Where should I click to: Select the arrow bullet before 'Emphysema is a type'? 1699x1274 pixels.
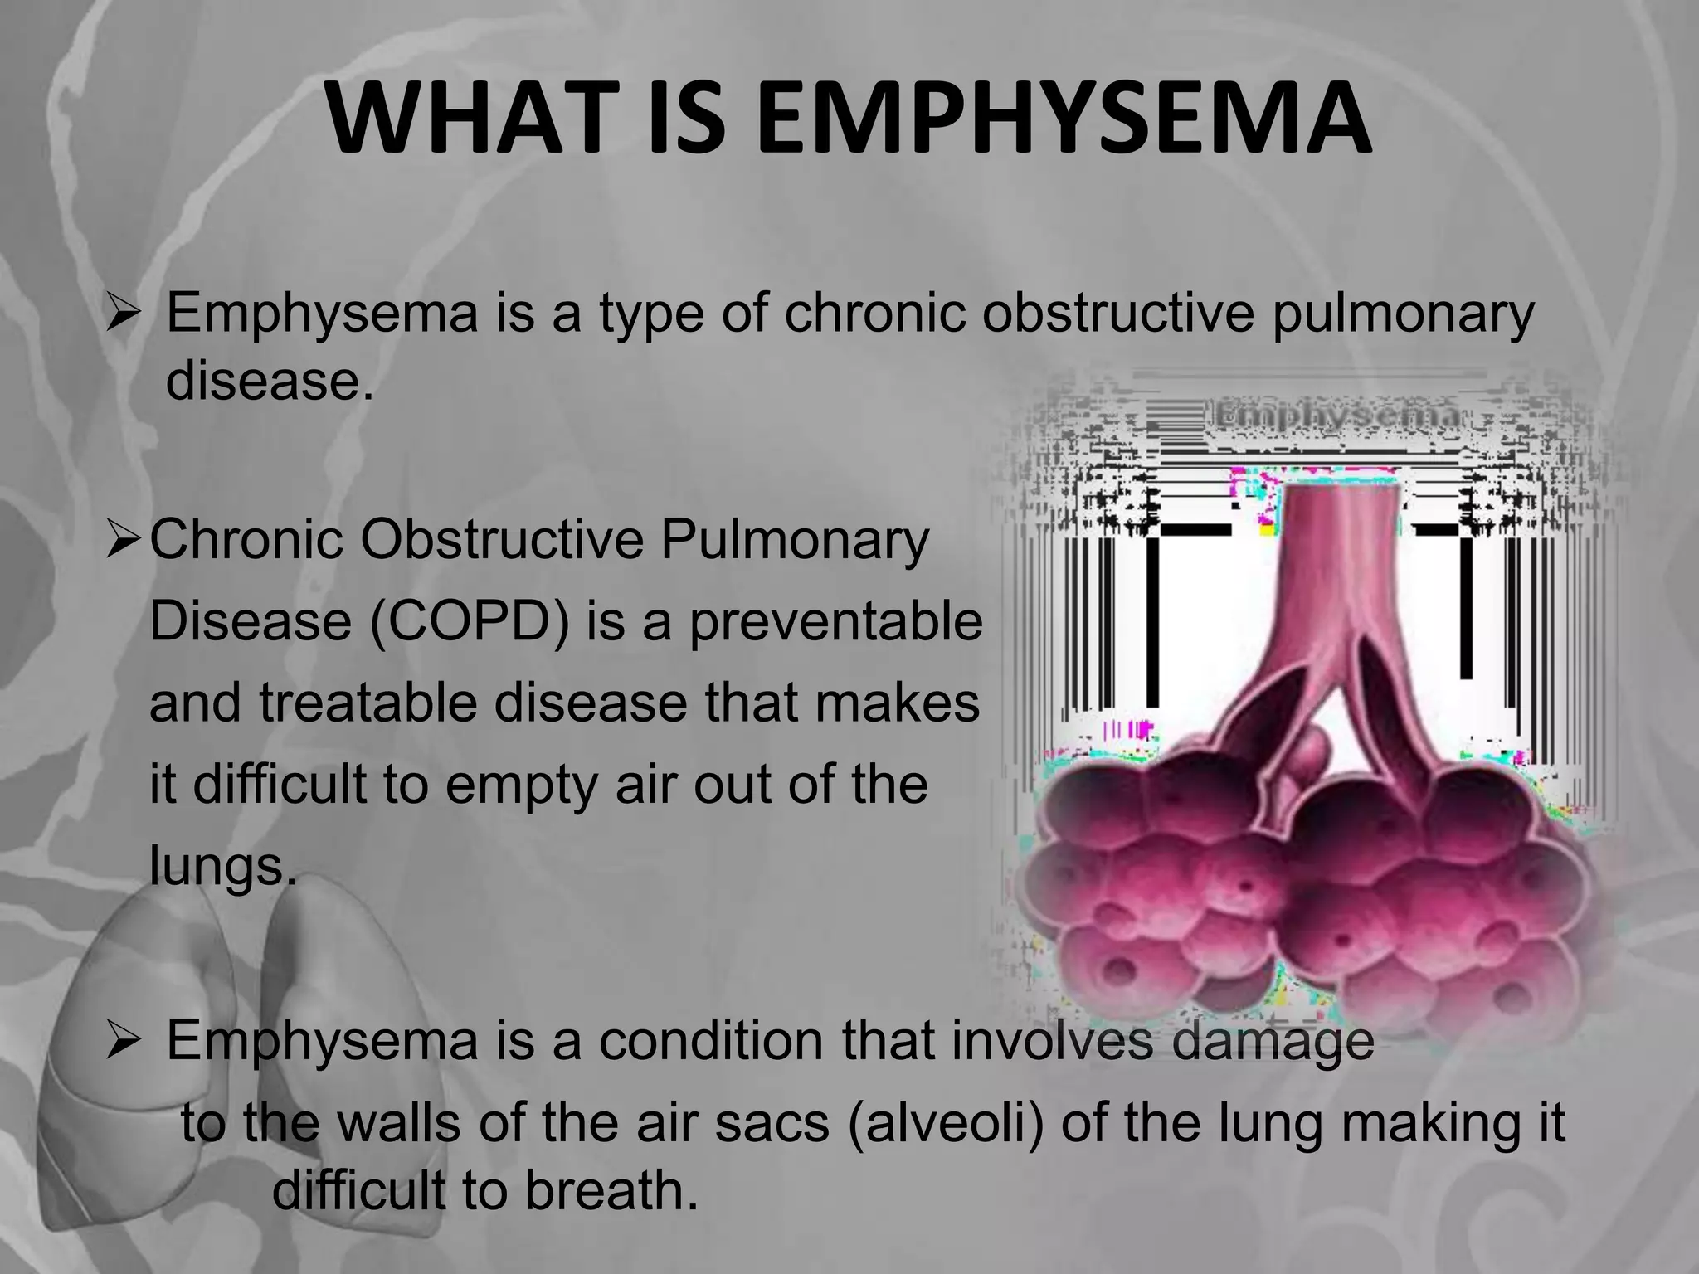tap(125, 316)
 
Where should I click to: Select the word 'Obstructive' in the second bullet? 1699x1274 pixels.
tap(501, 540)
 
